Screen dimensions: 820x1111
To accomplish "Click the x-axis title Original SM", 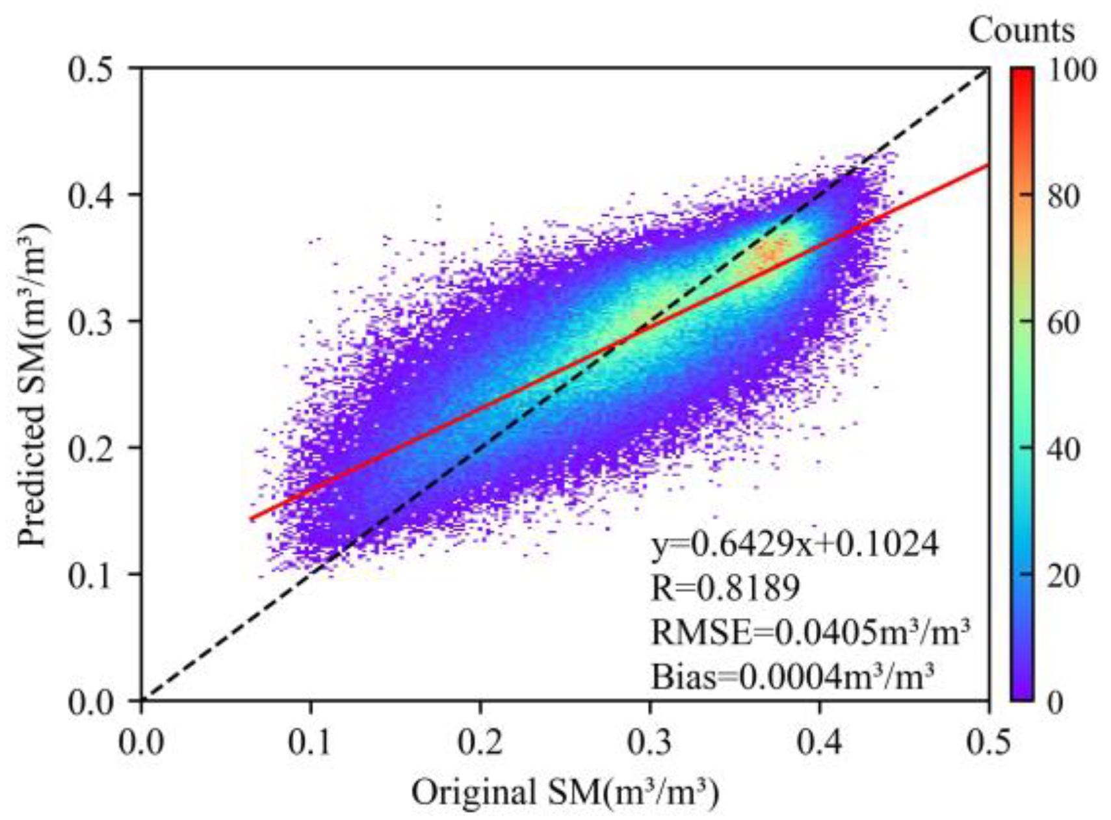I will (x=565, y=793).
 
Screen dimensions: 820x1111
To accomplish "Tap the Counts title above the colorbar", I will (x=1021, y=30).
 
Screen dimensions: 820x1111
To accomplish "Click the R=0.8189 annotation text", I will (x=725, y=587).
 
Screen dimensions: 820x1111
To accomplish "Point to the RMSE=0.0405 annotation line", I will (x=810, y=631).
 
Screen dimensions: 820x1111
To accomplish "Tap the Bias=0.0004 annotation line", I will (x=792, y=676).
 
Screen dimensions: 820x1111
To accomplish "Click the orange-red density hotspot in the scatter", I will (x=774, y=250).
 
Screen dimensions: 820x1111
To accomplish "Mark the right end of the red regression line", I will (x=987, y=165).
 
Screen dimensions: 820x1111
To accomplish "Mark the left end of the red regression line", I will (x=250, y=519).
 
